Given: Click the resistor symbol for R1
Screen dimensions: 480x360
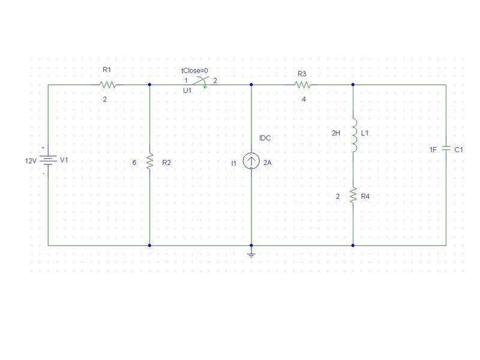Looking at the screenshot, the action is [108, 85].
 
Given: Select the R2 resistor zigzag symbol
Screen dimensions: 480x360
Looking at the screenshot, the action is [149, 161].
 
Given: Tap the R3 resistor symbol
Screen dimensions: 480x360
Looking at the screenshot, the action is [303, 85].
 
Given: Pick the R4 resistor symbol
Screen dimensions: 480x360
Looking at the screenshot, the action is [353, 196].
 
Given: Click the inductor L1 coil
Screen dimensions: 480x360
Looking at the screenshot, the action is [355, 136].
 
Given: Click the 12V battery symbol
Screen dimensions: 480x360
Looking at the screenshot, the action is [48, 160].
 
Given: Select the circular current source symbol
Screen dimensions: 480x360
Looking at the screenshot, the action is [251, 161].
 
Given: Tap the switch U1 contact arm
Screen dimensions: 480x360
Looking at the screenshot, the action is [200, 81].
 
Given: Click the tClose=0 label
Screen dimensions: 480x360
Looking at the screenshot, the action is [194, 71].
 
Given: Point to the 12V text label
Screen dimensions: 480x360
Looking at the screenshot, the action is [31, 161].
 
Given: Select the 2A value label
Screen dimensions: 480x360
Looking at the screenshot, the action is [267, 163].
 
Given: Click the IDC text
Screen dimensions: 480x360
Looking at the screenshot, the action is [265, 138].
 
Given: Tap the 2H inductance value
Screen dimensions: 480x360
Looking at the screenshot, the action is [336, 133].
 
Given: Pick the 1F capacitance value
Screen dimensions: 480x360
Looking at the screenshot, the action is [433, 149].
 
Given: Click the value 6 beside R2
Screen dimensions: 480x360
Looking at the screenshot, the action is [134, 163].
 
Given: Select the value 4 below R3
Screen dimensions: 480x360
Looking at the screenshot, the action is [304, 99].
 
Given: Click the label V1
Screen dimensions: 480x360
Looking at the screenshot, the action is [64, 160].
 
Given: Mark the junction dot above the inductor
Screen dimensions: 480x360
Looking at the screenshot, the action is [353, 85].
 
